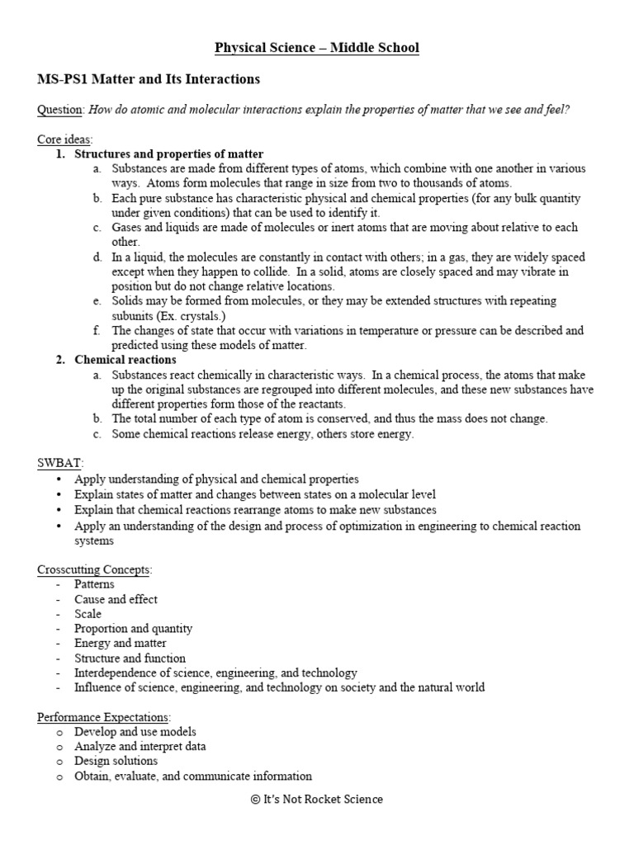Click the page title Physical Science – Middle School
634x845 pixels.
(317, 49)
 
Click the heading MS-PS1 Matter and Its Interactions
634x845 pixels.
(149, 79)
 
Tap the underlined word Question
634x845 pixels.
(59, 110)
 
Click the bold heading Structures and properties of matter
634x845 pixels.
(169, 154)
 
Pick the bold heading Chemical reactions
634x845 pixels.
(125, 360)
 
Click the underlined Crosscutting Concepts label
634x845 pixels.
(95, 569)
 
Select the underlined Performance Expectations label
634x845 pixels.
(103, 717)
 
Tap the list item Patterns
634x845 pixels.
(94, 584)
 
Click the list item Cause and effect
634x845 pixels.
(116, 599)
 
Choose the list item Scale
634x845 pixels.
(88, 614)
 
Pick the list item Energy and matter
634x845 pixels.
(120, 643)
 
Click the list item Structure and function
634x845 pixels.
(130, 658)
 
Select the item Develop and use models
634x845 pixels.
(135, 732)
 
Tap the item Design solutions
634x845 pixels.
(116, 761)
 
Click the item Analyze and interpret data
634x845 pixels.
(140, 746)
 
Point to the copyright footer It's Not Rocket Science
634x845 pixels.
(317, 799)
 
